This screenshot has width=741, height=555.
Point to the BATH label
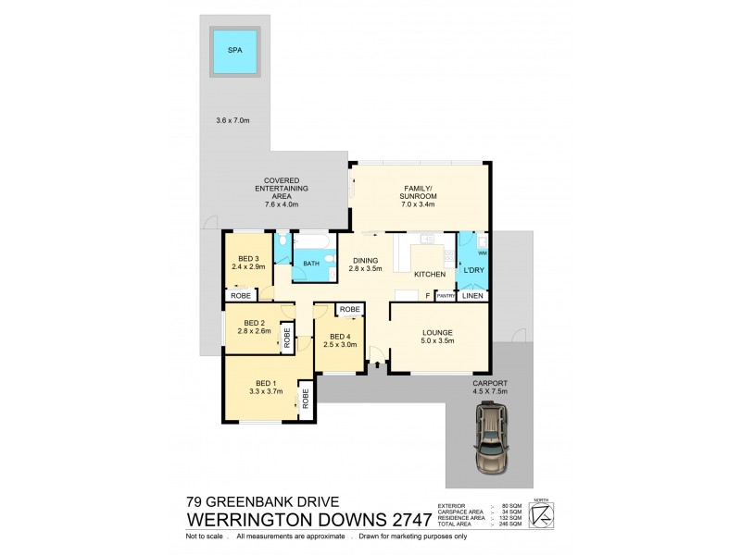coord(309,265)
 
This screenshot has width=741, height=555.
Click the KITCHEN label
coord(430,274)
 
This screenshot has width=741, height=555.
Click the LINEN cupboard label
coord(471,296)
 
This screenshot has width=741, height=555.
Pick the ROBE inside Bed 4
coord(349,309)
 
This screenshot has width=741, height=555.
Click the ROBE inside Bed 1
coord(304,399)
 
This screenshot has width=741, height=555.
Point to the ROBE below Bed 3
coord(239,296)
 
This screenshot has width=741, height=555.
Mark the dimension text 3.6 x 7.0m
coord(233,120)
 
